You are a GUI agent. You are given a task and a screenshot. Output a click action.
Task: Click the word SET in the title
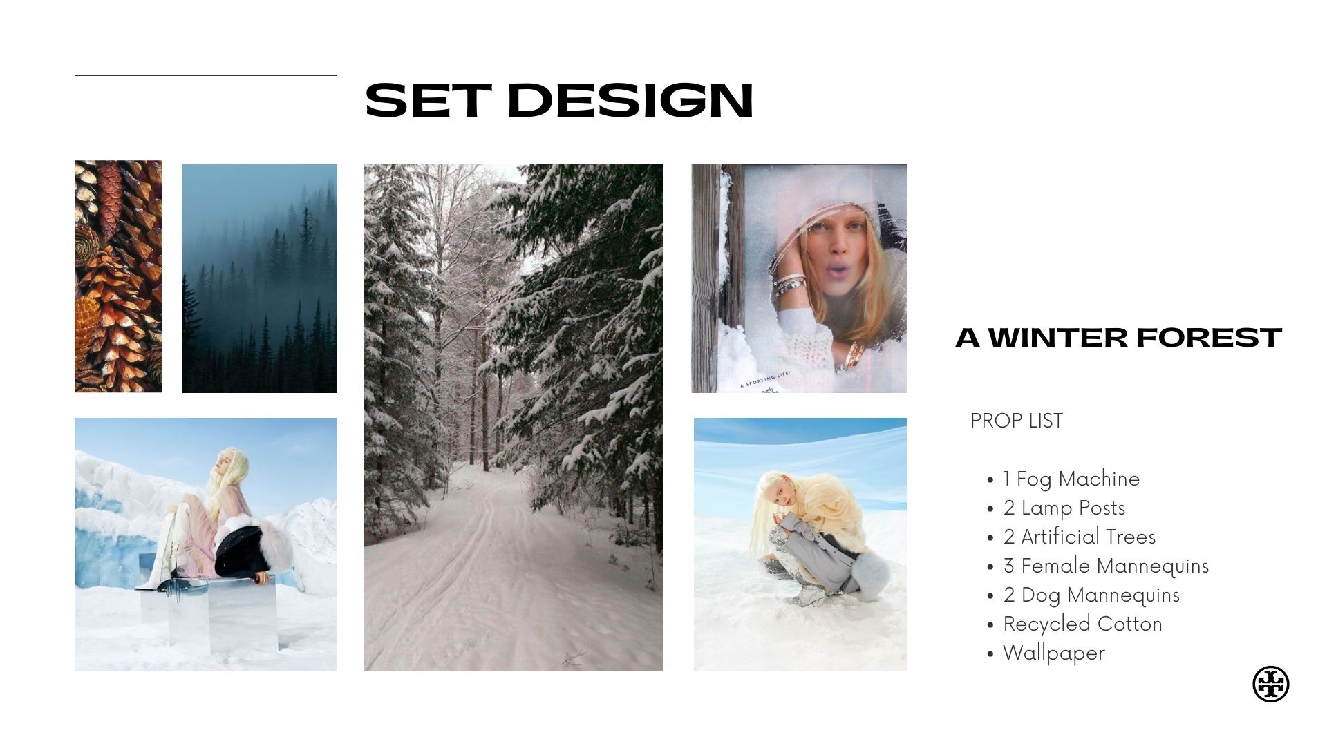tap(429, 101)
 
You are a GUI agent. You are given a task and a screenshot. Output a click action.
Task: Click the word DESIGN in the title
tap(630, 101)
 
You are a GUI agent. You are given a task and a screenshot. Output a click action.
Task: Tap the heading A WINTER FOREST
tap(1118, 338)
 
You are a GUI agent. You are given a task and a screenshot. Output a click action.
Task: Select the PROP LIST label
tap(1016, 421)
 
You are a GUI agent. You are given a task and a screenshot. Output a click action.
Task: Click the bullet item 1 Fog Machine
tap(1071, 479)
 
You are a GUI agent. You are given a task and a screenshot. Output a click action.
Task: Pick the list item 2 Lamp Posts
tap(1064, 508)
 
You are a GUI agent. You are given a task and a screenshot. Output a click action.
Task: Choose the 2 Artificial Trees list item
tap(1080, 537)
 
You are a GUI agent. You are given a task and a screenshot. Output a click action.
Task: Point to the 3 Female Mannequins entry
tap(1106, 566)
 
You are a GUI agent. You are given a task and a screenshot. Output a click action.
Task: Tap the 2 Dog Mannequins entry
tap(1091, 595)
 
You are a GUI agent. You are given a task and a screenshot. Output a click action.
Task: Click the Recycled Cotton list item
tap(1082, 624)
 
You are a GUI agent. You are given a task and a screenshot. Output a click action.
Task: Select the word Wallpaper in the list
tap(1054, 653)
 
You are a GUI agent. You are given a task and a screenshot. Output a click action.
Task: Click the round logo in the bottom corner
tap(1270, 684)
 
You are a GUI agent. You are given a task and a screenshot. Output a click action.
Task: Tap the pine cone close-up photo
tap(118, 276)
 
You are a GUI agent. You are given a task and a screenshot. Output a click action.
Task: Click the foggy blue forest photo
tap(259, 278)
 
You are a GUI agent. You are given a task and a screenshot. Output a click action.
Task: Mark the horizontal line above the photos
tap(206, 75)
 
